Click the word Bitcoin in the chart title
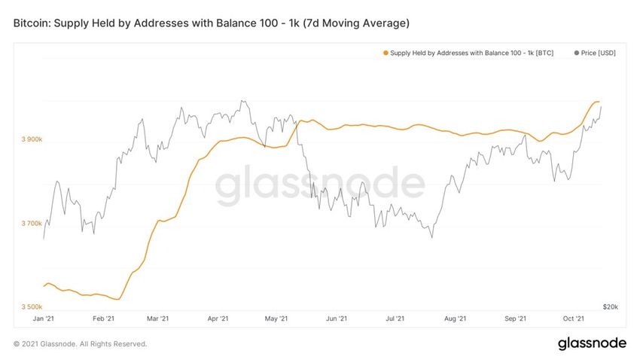coord(33,23)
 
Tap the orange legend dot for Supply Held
coord(386,53)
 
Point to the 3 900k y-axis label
coord(31,140)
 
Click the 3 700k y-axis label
coord(31,224)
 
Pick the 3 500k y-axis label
coord(31,307)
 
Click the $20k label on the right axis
coord(611,307)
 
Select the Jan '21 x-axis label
coord(44,319)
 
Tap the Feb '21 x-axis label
coord(105,319)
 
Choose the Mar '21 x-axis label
coord(158,319)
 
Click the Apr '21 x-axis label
coord(218,319)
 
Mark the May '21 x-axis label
coord(277,319)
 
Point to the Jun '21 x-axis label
coord(337,319)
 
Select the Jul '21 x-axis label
coord(395,319)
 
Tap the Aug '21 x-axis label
coord(455,319)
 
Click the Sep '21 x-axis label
coord(515,319)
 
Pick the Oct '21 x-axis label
coord(574,319)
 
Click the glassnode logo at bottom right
coord(591,343)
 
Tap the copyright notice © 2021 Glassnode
coord(80,344)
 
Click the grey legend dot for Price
coord(577,53)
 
